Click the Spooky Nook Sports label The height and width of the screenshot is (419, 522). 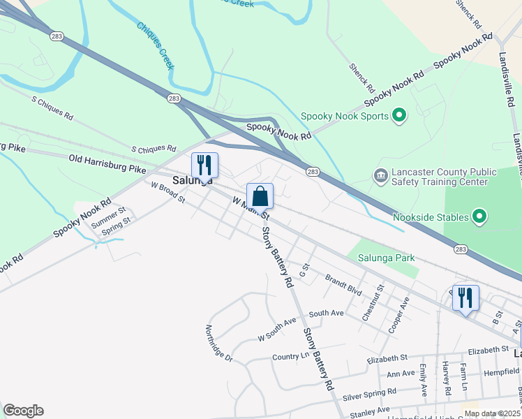[x=344, y=116]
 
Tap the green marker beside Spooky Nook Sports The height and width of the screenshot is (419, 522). [x=399, y=115]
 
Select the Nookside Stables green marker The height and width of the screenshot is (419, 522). [x=479, y=217]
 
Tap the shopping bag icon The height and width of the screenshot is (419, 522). [x=260, y=196]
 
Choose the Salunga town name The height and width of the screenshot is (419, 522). [x=192, y=180]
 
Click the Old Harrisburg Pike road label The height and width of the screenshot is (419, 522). [x=107, y=164]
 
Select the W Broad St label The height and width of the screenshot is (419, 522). [x=168, y=192]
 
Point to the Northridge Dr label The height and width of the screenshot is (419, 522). [x=218, y=344]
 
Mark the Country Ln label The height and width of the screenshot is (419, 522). [x=290, y=356]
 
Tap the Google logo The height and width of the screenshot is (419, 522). [x=23, y=411]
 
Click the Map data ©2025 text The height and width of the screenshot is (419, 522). [x=491, y=413]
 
